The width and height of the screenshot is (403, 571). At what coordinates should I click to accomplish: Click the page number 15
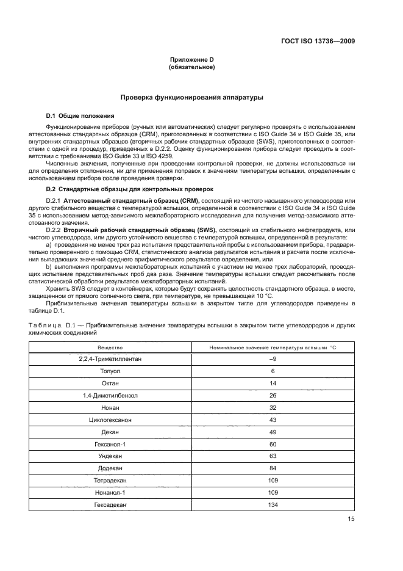point(351,520)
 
